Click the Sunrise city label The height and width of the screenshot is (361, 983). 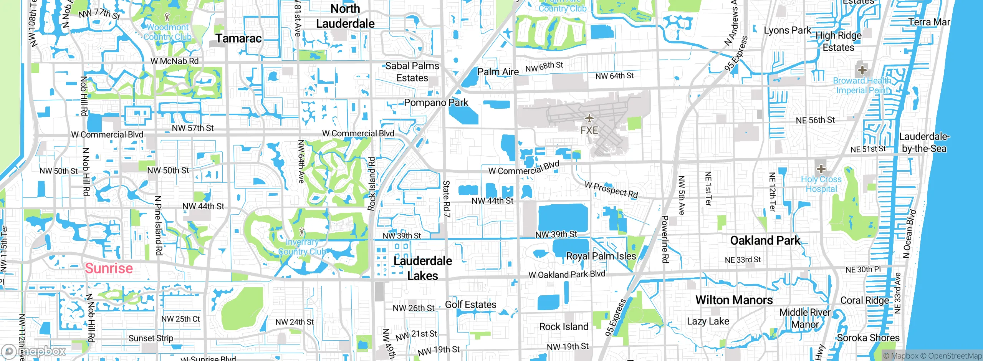pos(109,268)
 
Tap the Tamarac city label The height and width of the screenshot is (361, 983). pos(238,38)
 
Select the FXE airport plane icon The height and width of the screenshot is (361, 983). pos(589,118)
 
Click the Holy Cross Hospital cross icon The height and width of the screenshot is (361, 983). pos(821,169)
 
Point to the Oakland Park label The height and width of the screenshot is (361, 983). pos(765,240)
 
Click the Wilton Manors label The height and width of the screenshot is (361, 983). pos(734,300)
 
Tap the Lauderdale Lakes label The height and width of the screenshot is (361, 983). pos(422,268)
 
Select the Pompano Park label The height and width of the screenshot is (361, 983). pos(436,103)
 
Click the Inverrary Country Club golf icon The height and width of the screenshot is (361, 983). pos(302,232)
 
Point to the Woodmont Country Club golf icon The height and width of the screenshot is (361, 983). pos(167,17)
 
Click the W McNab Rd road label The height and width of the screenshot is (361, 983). pos(175,61)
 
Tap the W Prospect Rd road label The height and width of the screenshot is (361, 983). pos(611,190)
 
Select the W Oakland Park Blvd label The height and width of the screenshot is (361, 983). pos(567,274)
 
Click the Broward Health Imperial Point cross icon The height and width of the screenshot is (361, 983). pos(862,70)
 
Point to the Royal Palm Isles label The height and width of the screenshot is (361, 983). pos(601,256)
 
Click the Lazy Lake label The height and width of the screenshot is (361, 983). pos(708,321)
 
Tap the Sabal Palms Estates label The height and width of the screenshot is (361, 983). pos(412,72)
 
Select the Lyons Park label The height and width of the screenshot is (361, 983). pos(787,30)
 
